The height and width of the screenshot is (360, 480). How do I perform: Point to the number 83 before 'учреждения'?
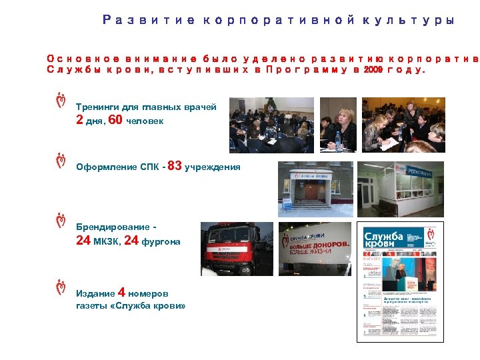[x=175, y=166]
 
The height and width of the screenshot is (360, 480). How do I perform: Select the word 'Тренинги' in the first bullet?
[x=95, y=106]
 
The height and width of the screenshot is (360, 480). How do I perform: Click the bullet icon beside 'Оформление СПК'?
[x=61, y=161]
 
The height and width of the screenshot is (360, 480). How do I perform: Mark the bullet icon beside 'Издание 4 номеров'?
[x=61, y=287]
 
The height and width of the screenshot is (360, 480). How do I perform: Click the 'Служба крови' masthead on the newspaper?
[x=383, y=239]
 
